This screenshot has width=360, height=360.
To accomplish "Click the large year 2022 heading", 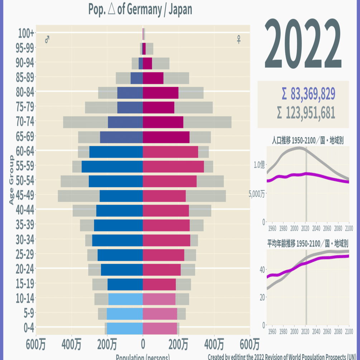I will pos(303,44).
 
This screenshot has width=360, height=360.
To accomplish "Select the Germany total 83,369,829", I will pos(308,94).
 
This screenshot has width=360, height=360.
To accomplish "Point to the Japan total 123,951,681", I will pos(306,113).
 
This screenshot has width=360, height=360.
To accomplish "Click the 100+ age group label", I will pos(26,33).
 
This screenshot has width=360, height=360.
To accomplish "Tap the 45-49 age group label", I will pos(25,195).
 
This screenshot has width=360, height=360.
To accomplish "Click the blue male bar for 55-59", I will pos(112,167).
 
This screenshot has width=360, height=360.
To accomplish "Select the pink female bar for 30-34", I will pos(166,240).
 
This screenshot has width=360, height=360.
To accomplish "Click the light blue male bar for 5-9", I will pos(124,314).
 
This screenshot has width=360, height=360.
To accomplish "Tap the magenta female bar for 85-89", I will pos(153,78).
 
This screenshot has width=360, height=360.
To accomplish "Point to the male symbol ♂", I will pos(47,40).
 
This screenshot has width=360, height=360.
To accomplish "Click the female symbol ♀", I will pos(239,40).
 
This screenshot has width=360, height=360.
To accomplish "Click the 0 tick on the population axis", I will pos(143,345).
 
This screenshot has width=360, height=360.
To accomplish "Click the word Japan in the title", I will pos(181,9).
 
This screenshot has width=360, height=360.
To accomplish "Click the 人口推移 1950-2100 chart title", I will pos(308,140).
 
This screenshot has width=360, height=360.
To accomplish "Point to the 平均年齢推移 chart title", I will pos(308,244).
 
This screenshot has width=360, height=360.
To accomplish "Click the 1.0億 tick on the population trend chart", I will pos(259,165).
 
